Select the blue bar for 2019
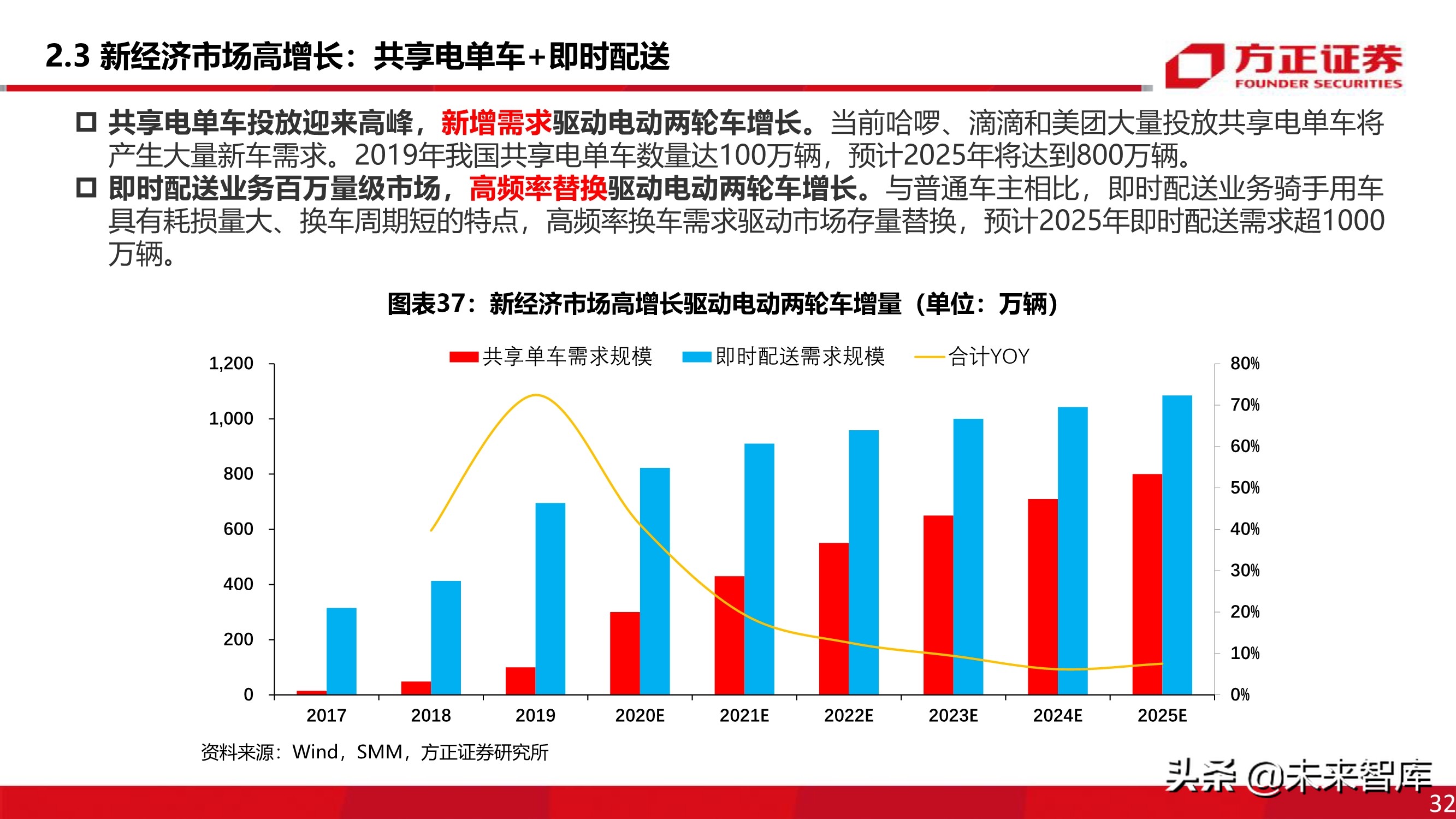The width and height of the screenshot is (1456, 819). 550,598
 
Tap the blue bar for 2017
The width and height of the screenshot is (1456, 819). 341,651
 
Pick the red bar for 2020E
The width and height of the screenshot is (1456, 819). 625,653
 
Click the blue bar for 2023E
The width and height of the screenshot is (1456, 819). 968,556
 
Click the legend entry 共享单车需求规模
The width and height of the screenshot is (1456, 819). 551,357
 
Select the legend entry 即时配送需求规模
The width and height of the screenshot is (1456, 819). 783,357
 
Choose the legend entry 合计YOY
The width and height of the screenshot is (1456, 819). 972,357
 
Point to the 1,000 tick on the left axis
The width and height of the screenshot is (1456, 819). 231,419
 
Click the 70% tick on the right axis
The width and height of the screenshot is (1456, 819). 1245,405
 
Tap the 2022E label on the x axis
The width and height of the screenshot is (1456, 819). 848,716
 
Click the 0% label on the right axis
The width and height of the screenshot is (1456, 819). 1240,695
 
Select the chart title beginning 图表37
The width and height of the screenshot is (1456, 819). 723,304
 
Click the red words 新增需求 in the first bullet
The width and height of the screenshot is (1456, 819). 496,123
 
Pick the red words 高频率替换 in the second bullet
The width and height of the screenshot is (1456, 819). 537,188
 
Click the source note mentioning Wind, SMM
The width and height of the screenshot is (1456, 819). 374,752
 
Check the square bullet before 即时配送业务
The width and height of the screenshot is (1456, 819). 86,188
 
